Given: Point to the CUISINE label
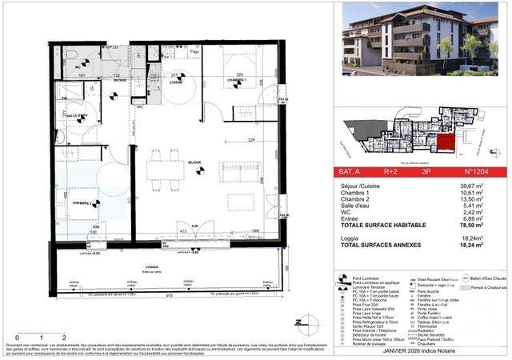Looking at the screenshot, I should point(176,82).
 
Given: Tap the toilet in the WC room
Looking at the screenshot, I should point(70,57).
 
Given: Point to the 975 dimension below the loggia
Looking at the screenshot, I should point(170,295).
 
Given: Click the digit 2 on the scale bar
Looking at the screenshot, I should point(62,338).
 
